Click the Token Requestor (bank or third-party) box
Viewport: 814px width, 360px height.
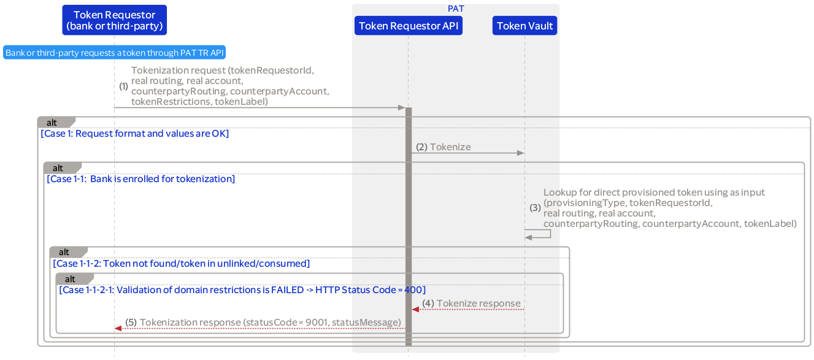(x=114, y=20)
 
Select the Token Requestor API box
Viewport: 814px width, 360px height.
(x=408, y=26)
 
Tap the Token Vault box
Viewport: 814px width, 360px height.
(x=524, y=26)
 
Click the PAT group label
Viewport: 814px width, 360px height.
(x=456, y=9)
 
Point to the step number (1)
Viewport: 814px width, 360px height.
(x=123, y=86)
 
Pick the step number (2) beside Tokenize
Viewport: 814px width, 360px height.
(x=421, y=147)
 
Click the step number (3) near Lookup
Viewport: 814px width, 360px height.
(x=536, y=208)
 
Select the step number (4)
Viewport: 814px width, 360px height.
(x=428, y=304)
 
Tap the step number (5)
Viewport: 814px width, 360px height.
(x=131, y=323)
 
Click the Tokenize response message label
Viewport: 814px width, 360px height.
(x=478, y=304)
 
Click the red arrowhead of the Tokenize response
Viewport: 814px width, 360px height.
(x=415, y=309)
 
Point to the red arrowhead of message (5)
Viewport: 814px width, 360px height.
(x=118, y=328)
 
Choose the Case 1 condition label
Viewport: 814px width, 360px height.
(x=134, y=134)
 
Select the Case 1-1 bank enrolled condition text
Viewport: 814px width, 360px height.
(x=140, y=179)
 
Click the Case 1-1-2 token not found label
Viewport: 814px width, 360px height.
(x=181, y=264)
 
